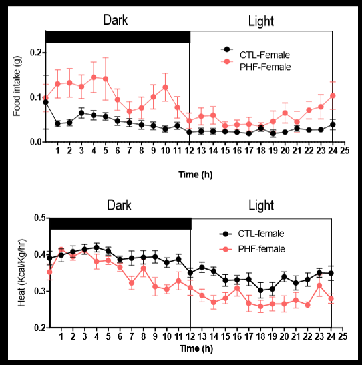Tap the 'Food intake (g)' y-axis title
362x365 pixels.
17,86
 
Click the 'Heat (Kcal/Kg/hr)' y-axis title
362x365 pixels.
17,273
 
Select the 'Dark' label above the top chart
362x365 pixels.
116,21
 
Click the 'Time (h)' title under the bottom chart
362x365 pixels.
196,348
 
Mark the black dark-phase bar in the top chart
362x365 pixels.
118,36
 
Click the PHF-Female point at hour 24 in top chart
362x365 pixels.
333,95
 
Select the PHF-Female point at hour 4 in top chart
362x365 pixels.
94,77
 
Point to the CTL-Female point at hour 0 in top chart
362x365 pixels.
45,102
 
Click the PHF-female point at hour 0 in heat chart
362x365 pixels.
49,272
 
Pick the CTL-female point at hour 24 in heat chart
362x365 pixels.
331,273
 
